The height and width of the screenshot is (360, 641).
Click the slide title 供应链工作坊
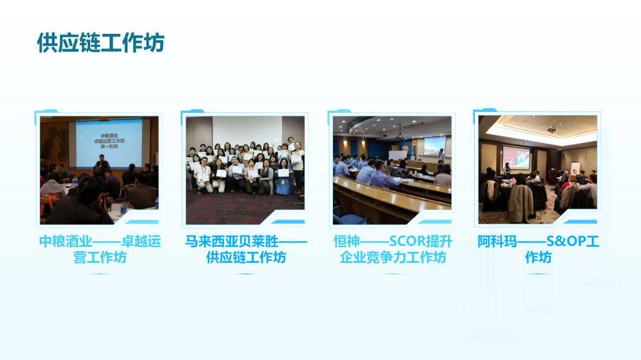pos(100,43)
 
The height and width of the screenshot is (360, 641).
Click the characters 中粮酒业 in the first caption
pos(65,241)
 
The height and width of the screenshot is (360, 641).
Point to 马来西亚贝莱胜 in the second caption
pos(232,241)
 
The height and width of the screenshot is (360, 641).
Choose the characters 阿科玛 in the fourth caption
pos(497,241)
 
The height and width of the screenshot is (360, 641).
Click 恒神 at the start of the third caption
pos(347,241)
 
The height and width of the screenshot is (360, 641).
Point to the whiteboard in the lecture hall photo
pos(396,155)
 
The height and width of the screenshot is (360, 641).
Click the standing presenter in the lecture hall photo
pos(441,156)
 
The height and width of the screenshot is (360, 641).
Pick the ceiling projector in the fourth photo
pos(551,129)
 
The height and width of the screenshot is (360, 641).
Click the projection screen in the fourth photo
pos(516,158)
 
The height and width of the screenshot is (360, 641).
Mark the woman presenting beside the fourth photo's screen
pos(507,170)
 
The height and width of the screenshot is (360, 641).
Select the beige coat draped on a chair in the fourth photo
pos(521,203)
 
